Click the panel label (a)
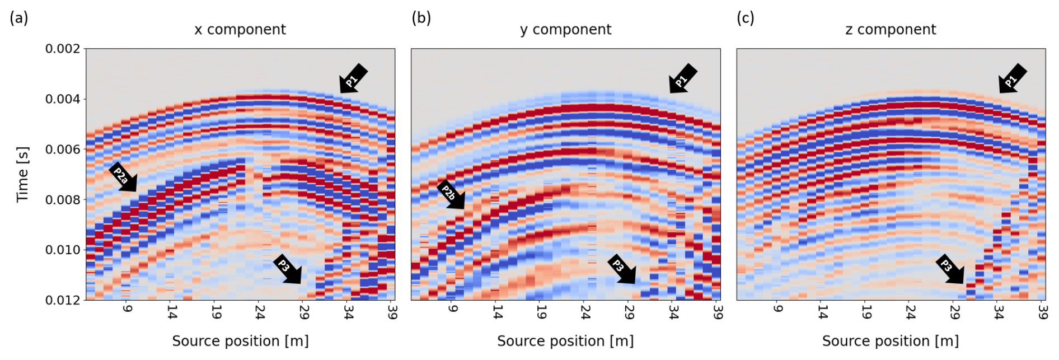coord(18,18)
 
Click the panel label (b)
coord(421,18)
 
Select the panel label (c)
coord(745,18)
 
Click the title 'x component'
coord(240,30)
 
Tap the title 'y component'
coord(565,30)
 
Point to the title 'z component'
coord(890,30)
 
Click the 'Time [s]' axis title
coord(22,174)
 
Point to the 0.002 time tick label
coord(63,49)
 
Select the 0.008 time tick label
coord(63,200)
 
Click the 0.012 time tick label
coord(63,300)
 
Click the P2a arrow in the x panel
coord(123,178)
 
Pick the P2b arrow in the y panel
coord(451,195)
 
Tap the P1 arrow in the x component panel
coord(353,78)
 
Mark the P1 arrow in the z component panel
coord(1012,78)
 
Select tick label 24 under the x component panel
coord(260,311)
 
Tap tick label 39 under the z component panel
coord(1042,311)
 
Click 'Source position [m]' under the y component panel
coord(565,341)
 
